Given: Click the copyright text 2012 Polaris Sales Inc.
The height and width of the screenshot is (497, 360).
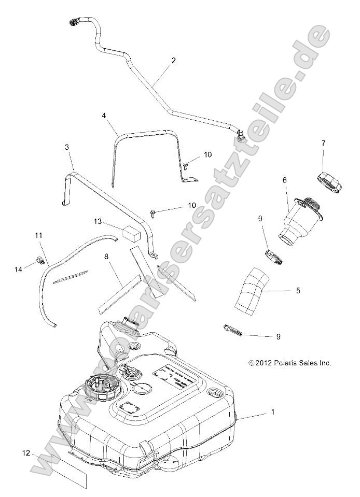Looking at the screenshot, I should [289, 363].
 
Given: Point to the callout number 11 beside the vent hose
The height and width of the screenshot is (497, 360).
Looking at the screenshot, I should [38, 236].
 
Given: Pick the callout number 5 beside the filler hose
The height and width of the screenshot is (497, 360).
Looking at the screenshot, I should [298, 291].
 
